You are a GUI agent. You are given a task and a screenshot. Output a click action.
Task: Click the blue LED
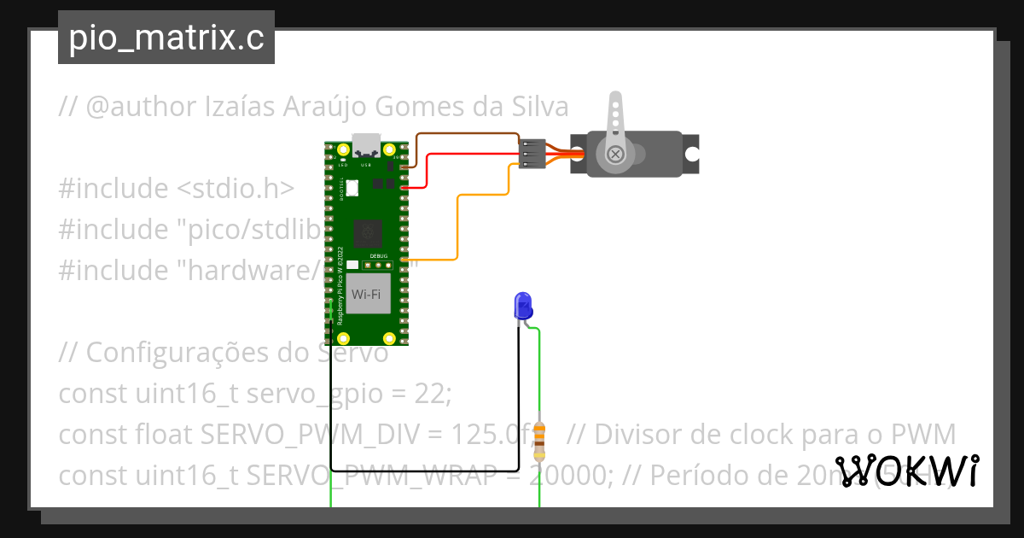click(522, 305)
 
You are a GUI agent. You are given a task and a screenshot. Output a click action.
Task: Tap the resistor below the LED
click(539, 438)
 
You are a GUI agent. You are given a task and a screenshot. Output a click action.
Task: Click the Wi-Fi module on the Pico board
click(366, 294)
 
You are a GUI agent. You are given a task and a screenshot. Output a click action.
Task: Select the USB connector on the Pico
click(367, 144)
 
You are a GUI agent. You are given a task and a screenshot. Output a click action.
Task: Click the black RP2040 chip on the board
click(367, 231)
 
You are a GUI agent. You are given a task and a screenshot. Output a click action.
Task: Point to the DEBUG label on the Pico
click(379, 256)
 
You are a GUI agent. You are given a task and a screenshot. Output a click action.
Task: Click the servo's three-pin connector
click(532, 154)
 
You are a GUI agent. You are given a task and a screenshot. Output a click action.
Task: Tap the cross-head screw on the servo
click(615, 155)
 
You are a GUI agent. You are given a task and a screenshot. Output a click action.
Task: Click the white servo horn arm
click(614, 115)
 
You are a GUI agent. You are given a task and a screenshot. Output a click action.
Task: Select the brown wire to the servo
click(465, 134)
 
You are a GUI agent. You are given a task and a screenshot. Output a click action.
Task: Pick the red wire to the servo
click(469, 154)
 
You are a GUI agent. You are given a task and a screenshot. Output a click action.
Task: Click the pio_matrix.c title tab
click(166, 38)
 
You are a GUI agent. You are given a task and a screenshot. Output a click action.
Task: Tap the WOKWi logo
click(907, 470)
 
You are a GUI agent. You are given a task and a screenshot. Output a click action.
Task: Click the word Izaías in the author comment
click(236, 108)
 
